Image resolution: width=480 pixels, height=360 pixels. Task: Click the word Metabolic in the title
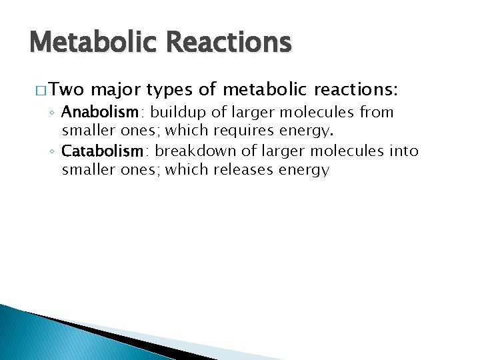pyautogui.click(x=89, y=43)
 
